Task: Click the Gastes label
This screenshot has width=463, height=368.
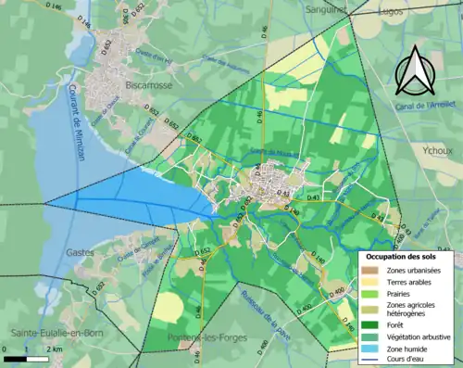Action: [x=80, y=252]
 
